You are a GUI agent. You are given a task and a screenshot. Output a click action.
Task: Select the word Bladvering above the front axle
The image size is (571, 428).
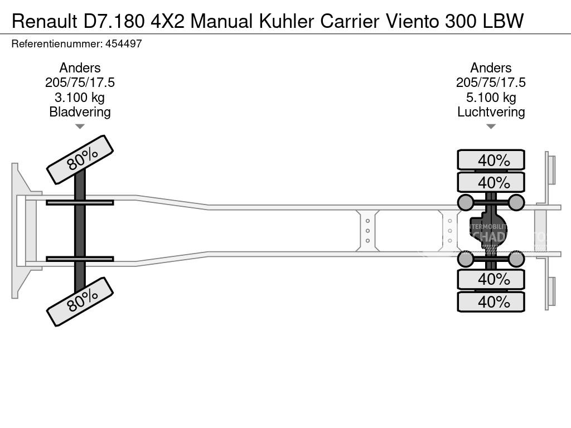[x=80, y=112]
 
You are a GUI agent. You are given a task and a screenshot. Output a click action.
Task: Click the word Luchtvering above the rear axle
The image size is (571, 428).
[x=491, y=112]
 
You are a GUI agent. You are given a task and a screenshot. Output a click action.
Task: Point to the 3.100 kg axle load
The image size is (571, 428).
[x=80, y=98]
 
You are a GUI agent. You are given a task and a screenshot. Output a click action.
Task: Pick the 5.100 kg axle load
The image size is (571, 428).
[x=491, y=98]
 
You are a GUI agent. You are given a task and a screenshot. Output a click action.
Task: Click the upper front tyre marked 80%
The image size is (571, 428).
[x=80, y=159]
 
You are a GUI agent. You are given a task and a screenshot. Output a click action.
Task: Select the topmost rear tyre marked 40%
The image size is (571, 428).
[x=491, y=160]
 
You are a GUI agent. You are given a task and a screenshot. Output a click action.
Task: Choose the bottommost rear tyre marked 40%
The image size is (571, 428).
[x=491, y=301]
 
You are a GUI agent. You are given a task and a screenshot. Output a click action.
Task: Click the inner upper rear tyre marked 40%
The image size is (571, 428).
[x=491, y=182]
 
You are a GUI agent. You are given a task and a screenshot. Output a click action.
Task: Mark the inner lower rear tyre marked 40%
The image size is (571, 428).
[x=491, y=279]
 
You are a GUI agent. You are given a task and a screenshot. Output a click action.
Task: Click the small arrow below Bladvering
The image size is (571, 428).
[x=80, y=127]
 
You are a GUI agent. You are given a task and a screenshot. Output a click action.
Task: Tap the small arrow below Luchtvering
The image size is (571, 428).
[x=491, y=127]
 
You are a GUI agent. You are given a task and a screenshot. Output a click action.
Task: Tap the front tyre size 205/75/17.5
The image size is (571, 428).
[x=80, y=82]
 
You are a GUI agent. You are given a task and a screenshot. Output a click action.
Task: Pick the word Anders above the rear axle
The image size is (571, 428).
[x=491, y=68]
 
